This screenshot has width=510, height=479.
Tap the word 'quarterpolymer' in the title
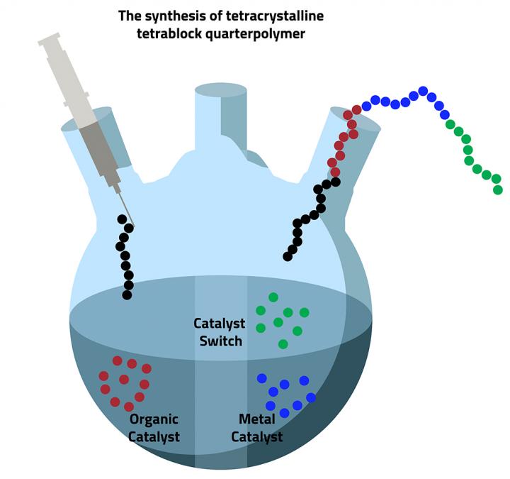coord(261,33)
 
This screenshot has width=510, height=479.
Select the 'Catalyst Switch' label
coord(220,332)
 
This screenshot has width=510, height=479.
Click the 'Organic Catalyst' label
coord(154,428)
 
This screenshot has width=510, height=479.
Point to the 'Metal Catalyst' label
coord(256,428)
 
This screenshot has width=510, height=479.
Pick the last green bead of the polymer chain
coord(498,189)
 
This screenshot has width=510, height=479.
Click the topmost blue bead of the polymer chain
coord(423,91)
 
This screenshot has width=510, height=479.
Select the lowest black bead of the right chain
coord(288,256)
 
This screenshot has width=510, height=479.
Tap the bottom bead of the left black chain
coord(127,294)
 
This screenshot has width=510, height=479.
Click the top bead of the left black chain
coord(122,219)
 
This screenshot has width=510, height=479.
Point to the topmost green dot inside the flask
coord(273,297)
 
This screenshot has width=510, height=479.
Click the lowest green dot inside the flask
coord(283,344)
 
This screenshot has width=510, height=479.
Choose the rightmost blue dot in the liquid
coord(311,397)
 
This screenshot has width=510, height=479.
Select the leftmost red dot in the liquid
coord(103,376)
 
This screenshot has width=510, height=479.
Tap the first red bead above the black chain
coord(335,172)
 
